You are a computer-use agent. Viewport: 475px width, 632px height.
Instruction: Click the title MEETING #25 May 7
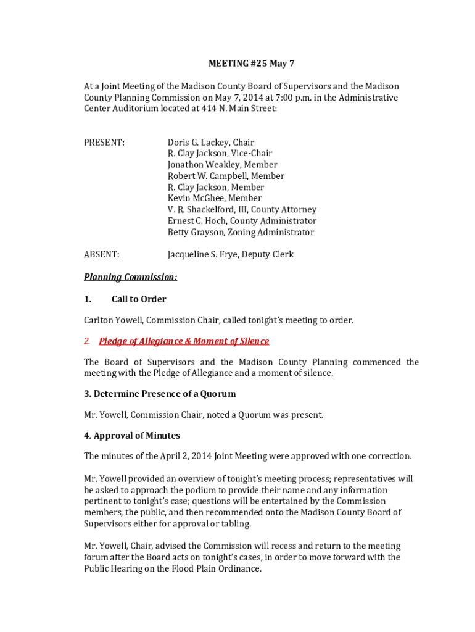[x=247, y=64]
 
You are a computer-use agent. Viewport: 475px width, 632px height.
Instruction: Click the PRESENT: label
[x=104, y=143]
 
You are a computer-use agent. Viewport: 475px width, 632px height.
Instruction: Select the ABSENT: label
[x=102, y=254]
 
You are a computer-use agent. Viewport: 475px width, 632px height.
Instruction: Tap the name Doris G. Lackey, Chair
[x=210, y=143]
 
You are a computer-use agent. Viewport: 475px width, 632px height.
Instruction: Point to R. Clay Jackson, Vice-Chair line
[x=220, y=154]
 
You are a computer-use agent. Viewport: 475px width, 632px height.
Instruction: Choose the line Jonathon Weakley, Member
[x=222, y=165]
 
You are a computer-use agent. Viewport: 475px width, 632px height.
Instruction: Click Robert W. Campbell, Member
[x=226, y=176]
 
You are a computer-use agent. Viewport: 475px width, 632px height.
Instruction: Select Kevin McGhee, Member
[x=214, y=198]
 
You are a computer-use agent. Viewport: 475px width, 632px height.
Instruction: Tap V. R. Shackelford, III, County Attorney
[x=242, y=210]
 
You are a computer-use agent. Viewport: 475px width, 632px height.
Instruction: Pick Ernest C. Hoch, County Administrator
[x=242, y=221]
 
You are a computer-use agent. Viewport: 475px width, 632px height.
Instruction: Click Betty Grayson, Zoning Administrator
[x=241, y=232]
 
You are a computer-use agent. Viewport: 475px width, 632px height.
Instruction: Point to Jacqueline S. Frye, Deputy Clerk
[x=230, y=254]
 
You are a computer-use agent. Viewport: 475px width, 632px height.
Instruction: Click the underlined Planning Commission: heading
[x=131, y=277]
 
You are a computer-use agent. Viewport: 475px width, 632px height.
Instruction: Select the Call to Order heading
[x=139, y=299]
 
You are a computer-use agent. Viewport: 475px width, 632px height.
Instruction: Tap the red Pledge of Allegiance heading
[x=184, y=341]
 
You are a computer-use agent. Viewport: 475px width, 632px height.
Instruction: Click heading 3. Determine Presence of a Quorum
[x=160, y=394]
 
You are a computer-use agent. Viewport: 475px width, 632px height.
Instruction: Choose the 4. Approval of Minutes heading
[x=132, y=436]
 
